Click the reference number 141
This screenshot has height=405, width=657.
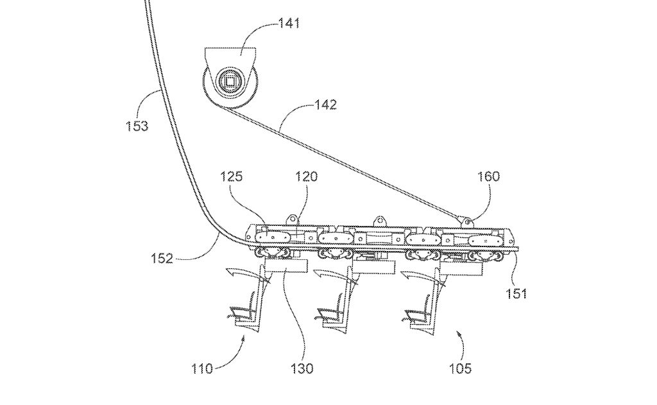(x=289, y=24)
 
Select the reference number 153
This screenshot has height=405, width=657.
(x=137, y=126)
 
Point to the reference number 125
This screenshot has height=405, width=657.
(x=231, y=177)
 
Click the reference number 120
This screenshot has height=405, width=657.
(x=306, y=177)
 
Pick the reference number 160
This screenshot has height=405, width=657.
(x=488, y=177)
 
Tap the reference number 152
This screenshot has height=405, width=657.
(x=162, y=258)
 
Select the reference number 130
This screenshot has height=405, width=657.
(x=302, y=368)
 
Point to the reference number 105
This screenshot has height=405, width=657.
(x=460, y=368)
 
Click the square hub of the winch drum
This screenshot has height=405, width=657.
(x=230, y=82)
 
